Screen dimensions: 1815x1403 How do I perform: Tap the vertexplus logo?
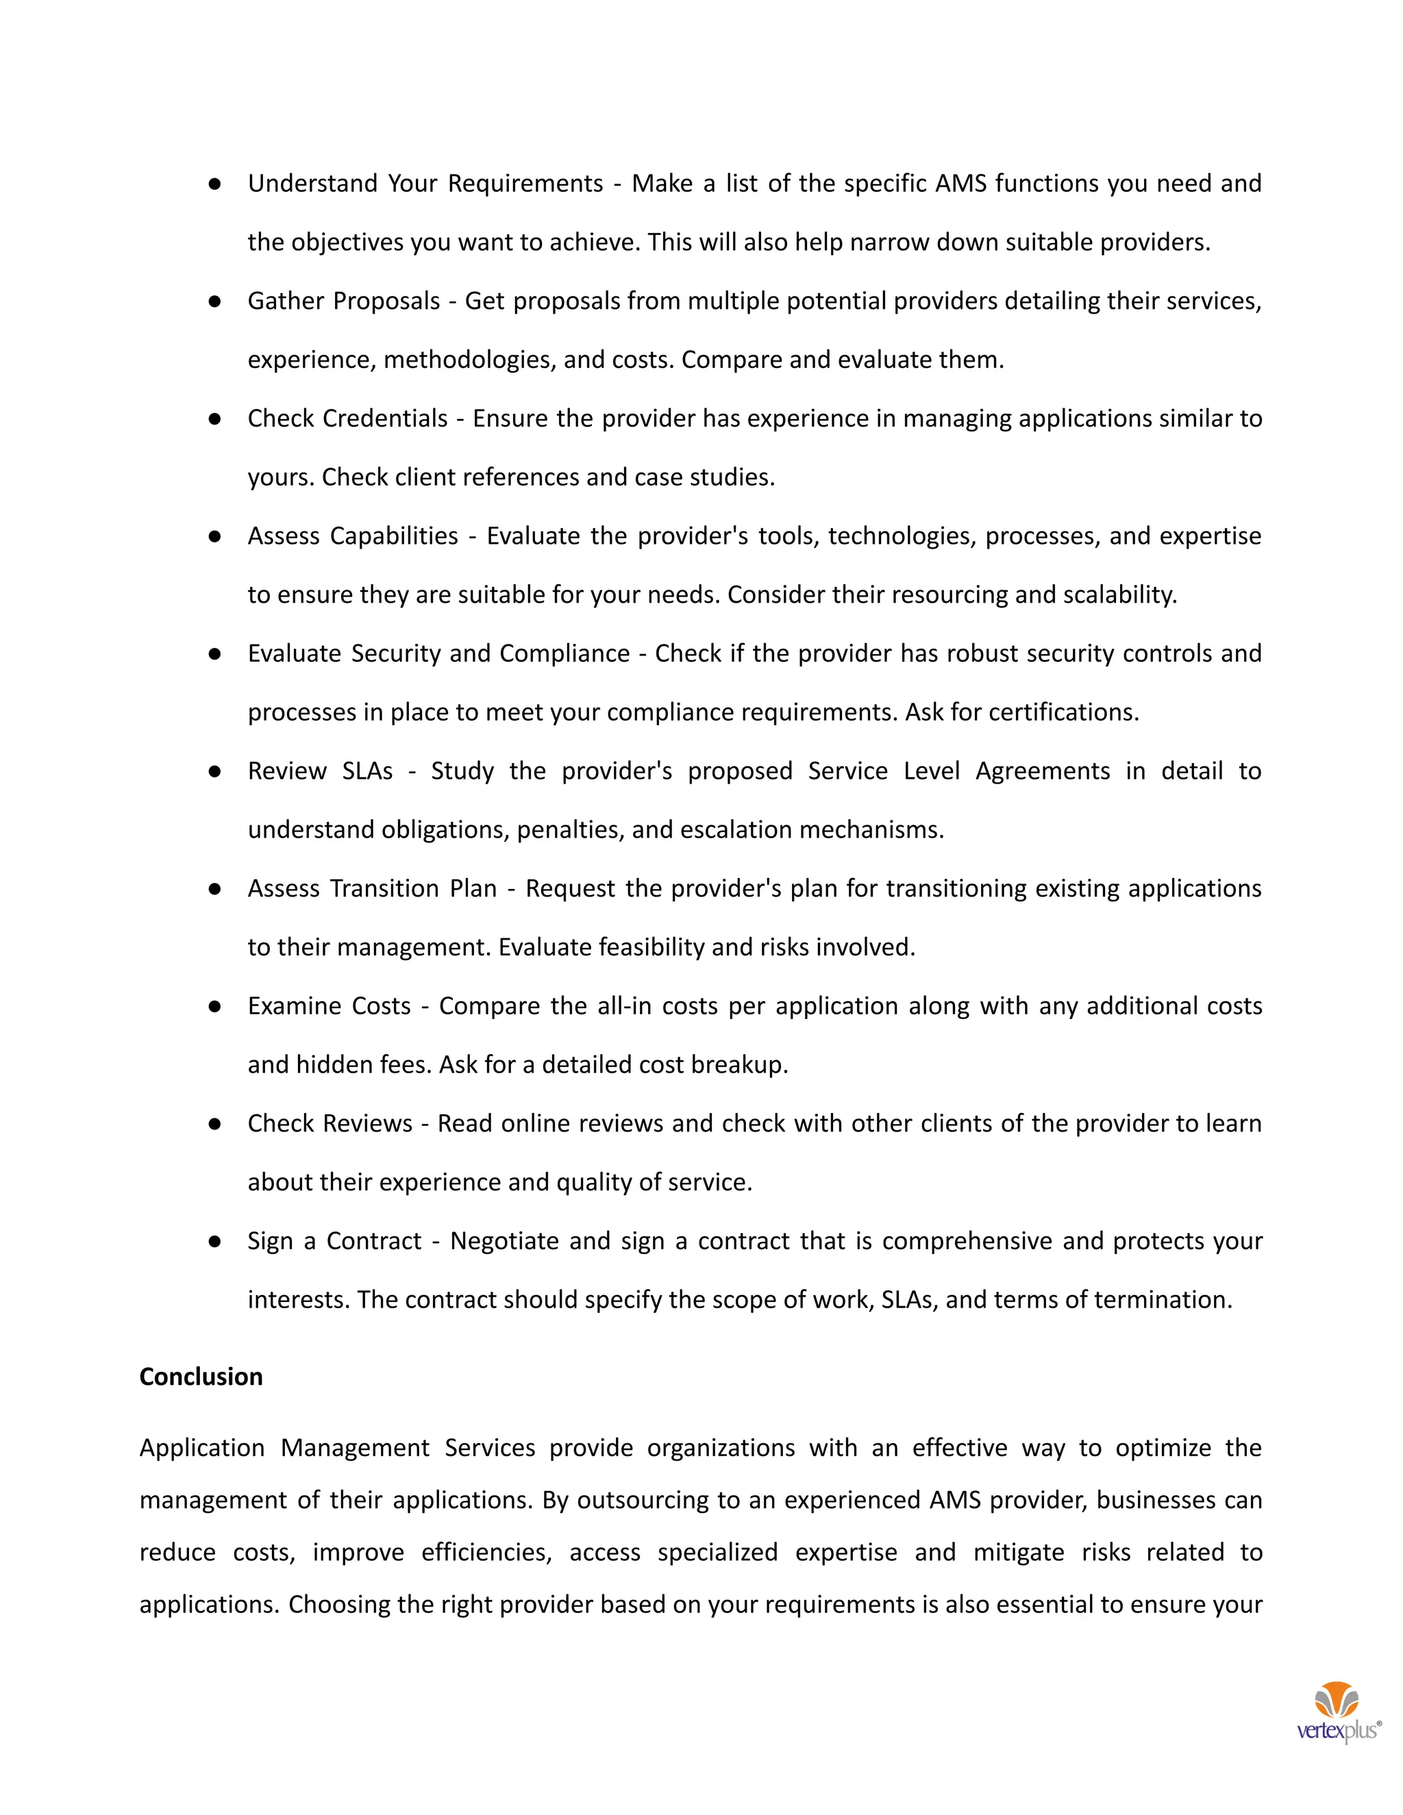point(1337,1714)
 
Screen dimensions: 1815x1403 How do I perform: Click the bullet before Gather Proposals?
point(214,301)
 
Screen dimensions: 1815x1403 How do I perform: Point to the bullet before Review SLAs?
point(214,771)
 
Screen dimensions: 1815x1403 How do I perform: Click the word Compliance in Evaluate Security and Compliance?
point(564,654)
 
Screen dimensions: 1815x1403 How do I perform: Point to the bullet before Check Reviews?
point(214,1123)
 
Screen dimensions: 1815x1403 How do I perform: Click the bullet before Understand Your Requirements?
point(214,184)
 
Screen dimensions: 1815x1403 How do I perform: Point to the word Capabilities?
point(394,536)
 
